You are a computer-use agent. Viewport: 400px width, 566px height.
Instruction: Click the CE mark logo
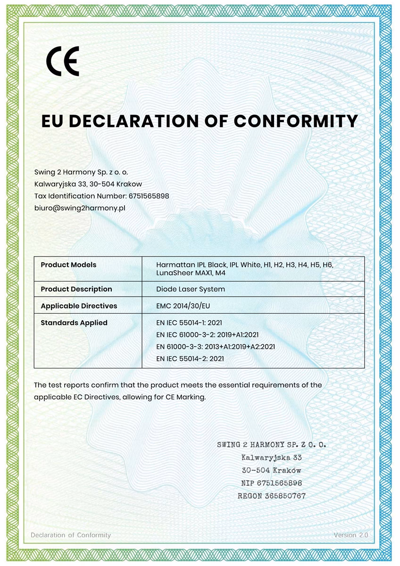[x=63, y=61]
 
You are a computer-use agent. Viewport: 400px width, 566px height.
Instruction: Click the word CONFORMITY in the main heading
[x=296, y=121]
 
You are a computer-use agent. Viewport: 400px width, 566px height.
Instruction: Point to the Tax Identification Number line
[x=102, y=196]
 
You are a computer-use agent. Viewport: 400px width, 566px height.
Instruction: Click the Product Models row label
[x=68, y=265]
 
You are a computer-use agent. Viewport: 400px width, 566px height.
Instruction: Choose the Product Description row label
[x=76, y=289]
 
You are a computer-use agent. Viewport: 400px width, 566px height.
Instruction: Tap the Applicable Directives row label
[x=79, y=306]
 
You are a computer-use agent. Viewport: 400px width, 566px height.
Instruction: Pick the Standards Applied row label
[x=74, y=323]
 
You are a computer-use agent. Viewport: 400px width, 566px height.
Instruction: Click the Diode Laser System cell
[x=190, y=289]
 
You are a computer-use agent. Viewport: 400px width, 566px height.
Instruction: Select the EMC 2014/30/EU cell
[x=183, y=306]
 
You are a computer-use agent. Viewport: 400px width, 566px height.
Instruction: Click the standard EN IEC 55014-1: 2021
[x=189, y=323]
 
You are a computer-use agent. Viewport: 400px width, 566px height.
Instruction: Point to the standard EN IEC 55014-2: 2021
[x=190, y=358]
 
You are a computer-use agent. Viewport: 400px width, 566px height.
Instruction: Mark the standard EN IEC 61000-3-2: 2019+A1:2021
[x=207, y=334]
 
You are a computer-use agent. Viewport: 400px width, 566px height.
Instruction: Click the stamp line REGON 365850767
[x=272, y=496]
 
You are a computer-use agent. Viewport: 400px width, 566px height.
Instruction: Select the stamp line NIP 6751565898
[x=272, y=483]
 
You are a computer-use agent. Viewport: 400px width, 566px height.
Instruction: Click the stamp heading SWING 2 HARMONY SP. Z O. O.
[x=272, y=444]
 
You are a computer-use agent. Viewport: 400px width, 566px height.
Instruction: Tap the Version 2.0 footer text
[x=350, y=535]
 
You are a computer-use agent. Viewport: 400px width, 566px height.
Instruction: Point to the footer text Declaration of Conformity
[x=71, y=535]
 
